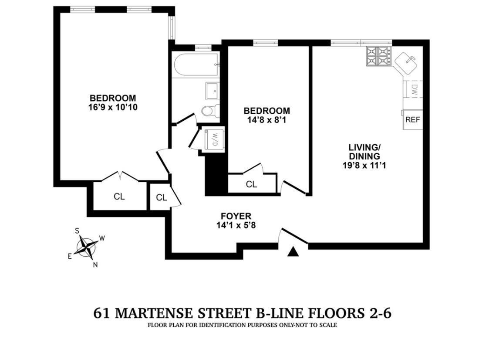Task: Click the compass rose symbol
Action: pos(86,247)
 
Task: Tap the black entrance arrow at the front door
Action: pos(294,252)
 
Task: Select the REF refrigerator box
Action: pos(412,119)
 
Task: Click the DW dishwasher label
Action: pos(414,90)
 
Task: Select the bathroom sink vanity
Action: pos(214,91)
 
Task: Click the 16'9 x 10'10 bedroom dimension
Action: pos(113,106)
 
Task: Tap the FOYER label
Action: pos(236,216)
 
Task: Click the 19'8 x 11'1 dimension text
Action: pos(364,165)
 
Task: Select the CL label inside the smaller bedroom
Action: pos(251,184)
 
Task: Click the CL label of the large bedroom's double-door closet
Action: pos(119,197)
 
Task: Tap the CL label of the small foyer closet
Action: pos(162,197)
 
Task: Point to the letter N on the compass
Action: pos(95,265)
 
